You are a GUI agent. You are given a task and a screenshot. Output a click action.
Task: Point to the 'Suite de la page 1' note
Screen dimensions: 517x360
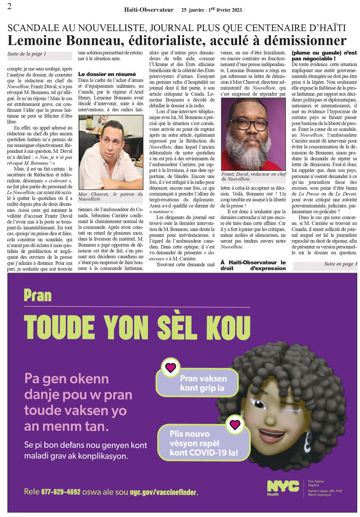click(x=27, y=54)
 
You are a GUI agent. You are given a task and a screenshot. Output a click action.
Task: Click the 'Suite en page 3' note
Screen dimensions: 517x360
click(x=340, y=264)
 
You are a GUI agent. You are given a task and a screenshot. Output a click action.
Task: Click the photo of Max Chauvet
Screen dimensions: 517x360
click(x=111, y=152)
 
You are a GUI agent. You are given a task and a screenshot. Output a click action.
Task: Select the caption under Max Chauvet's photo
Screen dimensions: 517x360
click(x=111, y=196)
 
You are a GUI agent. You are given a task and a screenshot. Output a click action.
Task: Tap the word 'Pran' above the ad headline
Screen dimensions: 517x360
click(x=37, y=295)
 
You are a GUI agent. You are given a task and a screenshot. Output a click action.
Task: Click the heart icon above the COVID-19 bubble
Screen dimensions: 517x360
click(x=235, y=424)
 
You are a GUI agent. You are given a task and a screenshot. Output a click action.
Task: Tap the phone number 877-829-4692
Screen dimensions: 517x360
click(x=61, y=491)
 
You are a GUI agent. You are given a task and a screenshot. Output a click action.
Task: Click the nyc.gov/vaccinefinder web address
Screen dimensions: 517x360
click(x=164, y=491)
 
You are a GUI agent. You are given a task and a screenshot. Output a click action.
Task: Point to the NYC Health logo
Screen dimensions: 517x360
click(x=282, y=487)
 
